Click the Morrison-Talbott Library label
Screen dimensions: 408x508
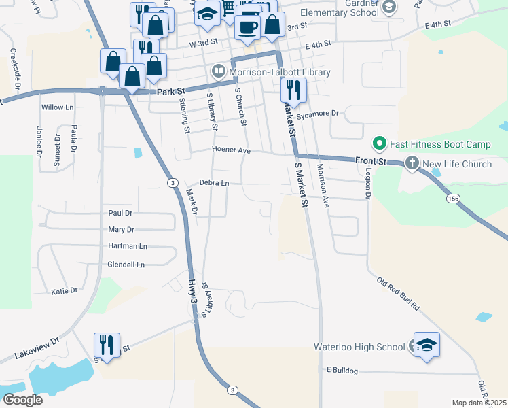click(x=280, y=72)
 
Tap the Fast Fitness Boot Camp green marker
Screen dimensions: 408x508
click(x=379, y=144)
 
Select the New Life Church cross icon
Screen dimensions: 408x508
click(x=412, y=163)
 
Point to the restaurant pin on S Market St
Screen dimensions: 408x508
click(x=293, y=90)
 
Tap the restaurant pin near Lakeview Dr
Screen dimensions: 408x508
click(x=107, y=345)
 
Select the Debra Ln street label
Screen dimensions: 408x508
click(x=214, y=182)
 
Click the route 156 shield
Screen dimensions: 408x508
click(x=453, y=199)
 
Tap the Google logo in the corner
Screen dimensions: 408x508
click(x=22, y=399)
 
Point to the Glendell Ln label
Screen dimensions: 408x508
click(x=126, y=265)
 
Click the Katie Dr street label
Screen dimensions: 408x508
click(x=65, y=291)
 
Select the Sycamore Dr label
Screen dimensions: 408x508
click(x=317, y=114)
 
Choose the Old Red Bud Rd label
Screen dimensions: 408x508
click(x=398, y=294)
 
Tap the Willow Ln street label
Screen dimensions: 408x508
click(x=57, y=107)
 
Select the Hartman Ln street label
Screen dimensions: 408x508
click(x=127, y=246)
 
